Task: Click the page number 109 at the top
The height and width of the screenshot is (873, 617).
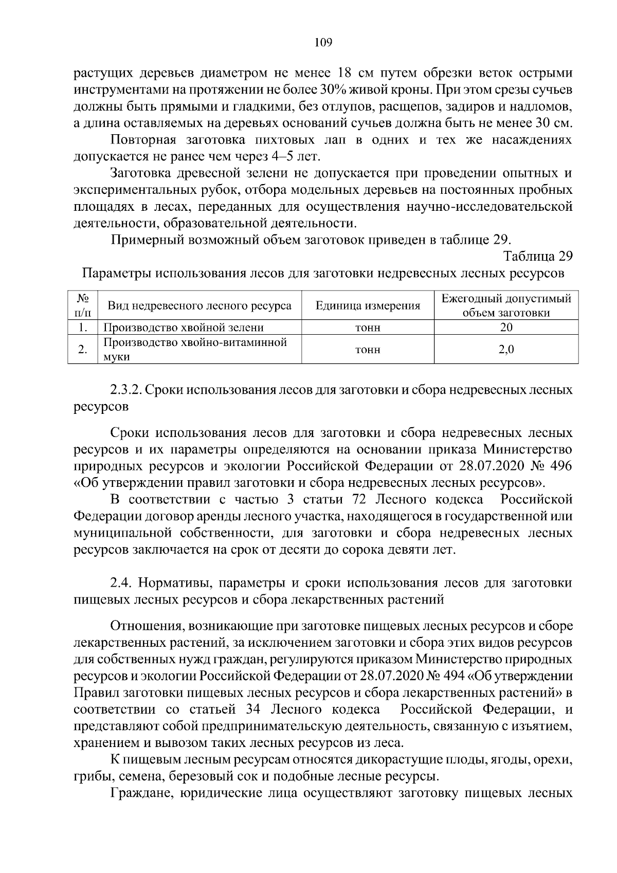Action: (x=323, y=43)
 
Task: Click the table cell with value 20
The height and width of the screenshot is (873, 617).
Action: (x=506, y=328)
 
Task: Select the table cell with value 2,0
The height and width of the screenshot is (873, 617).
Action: (x=506, y=350)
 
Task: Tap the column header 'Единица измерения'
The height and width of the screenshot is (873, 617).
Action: (x=368, y=306)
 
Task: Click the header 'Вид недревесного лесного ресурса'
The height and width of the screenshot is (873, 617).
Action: (x=199, y=306)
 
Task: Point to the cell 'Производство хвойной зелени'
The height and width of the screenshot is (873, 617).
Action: (x=184, y=328)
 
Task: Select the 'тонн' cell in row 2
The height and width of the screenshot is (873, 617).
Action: (x=368, y=350)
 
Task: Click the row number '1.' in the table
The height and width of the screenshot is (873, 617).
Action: (x=83, y=328)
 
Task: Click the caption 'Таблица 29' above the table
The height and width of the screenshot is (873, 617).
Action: (x=538, y=256)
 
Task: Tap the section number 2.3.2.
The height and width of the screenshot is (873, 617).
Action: (x=125, y=390)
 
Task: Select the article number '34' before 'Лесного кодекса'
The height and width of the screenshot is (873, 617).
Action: (x=245, y=710)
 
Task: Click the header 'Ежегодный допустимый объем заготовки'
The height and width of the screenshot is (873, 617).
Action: (x=506, y=306)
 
